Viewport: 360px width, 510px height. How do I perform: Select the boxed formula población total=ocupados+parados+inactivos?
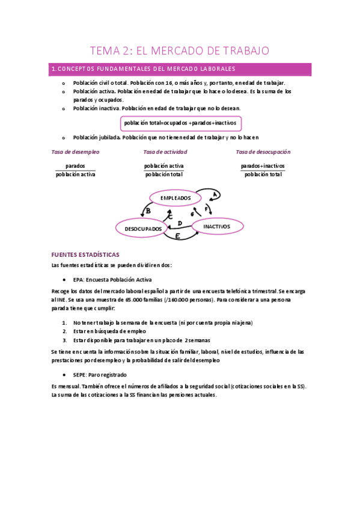click(x=180, y=123)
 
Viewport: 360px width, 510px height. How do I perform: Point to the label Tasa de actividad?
click(x=165, y=152)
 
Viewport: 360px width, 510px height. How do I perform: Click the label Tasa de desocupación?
click(x=263, y=152)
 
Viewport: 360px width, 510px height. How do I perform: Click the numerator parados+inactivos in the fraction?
click(x=263, y=165)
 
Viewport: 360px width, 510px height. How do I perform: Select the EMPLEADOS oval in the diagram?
click(x=175, y=197)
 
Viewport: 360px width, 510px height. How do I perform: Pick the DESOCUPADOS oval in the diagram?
click(x=143, y=229)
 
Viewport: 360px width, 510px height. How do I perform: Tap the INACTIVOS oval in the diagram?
click(x=217, y=226)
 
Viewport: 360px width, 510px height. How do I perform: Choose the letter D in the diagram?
click(x=180, y=224)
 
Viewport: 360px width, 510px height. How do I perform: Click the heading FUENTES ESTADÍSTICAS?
click(x=85, y=254)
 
